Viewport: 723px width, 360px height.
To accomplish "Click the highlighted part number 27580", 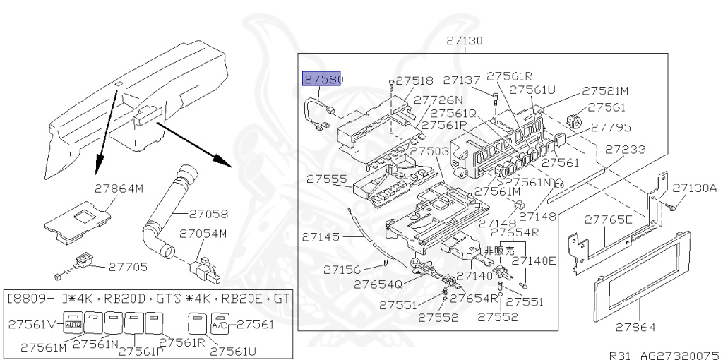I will point(323,79).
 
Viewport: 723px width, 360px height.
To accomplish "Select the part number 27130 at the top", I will point(465,41).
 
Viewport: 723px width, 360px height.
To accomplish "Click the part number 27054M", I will point(203,233).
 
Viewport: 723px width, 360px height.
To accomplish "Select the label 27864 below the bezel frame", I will point(635,328).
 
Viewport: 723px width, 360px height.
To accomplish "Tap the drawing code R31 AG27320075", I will point(664,354).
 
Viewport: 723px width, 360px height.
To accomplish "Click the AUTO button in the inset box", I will point(73,324).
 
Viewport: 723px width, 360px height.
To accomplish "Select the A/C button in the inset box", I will point(220,324).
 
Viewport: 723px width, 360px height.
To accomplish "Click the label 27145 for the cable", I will point(322,237).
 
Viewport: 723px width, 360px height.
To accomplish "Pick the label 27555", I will point(326,180).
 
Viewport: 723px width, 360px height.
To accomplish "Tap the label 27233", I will point(626,150).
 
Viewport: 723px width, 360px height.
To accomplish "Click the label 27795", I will point(611,128).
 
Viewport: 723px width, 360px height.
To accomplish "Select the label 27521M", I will point(605,91).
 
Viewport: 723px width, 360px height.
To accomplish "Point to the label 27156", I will point(343,269).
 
